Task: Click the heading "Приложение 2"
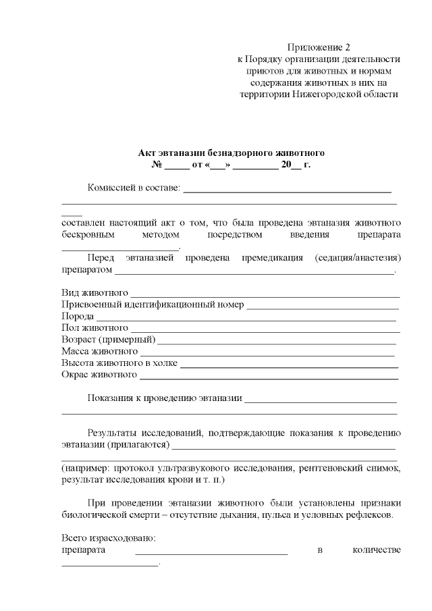(x=319, y=47)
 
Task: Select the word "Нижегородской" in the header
(x=327, y=94)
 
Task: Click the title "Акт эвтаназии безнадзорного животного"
(x=232, y=153)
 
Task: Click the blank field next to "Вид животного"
(x=265, y=294)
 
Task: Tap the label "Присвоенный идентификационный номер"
(x=152, y=304)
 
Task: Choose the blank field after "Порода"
(x=246, y=316)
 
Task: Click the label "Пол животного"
(x=94, y=327)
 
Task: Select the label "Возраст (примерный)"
(x=108, y=339)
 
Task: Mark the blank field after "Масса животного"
(x=267, y=351)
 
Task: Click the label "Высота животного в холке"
(x=119, y=363)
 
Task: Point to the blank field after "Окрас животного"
(x=268, y=374)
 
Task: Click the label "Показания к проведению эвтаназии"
(x=165, y=398)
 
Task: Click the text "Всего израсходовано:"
(x=109, y=538)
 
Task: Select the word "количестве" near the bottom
(x=377, y=550)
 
